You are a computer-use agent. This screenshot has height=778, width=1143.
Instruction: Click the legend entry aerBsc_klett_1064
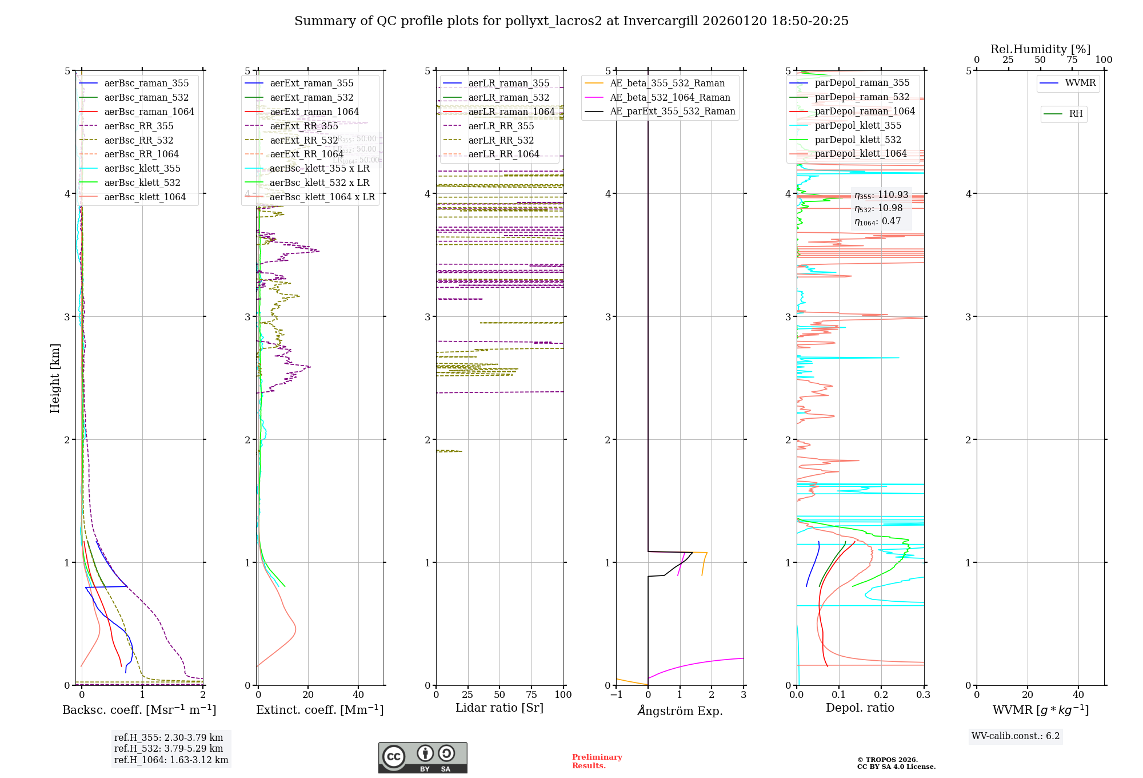click(x=145, y=197)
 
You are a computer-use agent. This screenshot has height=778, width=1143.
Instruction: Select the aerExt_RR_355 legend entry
click(x=303, y=126)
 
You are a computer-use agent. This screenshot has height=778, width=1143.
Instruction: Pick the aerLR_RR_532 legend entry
click(x=501, y=140)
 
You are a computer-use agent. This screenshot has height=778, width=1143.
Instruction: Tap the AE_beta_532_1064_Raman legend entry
click(x=670, y=97)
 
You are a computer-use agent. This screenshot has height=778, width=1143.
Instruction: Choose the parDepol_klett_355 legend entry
click(x=857, y=125)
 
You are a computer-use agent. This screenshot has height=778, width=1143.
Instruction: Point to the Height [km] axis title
click(x=55, y=378)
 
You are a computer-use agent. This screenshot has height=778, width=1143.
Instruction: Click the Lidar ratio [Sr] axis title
click(x=499, y=708)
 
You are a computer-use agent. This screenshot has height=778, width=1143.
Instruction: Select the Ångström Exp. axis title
click(x=680, y=710)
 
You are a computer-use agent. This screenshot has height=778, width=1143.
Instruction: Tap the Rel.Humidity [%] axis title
click(x=1040, y=49)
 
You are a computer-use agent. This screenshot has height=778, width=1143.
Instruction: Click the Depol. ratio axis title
click(x=860, y=708)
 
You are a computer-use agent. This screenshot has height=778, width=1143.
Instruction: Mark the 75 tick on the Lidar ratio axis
click(x=532, y=694)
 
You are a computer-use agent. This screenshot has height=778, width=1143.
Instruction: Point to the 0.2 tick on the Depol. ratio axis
click(x=881, y=694)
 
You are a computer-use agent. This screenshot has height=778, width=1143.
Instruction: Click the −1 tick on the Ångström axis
click(x=616, y=694)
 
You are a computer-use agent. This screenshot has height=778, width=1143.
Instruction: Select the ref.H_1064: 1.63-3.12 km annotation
click(x=171, y=760)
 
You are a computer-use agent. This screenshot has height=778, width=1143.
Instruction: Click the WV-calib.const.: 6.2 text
click(x=1015, y=736)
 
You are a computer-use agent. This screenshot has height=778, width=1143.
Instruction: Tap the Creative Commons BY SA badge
click(x=422, y=757)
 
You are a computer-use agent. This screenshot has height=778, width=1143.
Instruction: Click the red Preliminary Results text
click(x=597, y=761)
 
